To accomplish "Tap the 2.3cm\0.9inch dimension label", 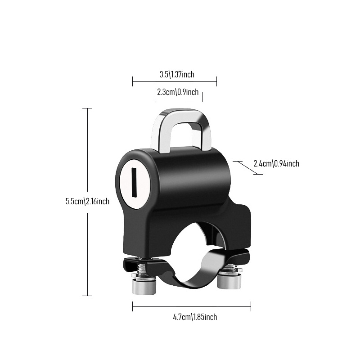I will [178, 92].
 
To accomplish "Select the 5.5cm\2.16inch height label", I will [87, 201].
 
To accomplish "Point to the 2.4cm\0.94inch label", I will [276, 163].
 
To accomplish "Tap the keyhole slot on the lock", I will [134, 182].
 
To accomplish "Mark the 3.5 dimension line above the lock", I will [175, 81].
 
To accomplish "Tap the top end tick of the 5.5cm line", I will [87, 108].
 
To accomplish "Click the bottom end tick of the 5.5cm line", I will [87, 296].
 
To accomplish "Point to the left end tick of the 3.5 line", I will [133, 81].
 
